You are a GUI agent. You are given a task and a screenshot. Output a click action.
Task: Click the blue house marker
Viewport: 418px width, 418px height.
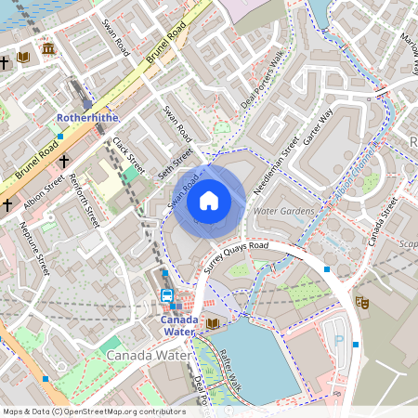[x=209, y=199]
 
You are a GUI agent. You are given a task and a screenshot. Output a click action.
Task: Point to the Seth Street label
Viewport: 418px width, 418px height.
[x=174, y=162]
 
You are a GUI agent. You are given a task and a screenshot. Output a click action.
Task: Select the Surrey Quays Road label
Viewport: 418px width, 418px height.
[x=236, y=259]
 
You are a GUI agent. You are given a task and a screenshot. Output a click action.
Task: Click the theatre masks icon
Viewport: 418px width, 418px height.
[x=362, y=303]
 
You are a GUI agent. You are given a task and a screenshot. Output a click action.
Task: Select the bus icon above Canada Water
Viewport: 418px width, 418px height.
[x=167, y=295]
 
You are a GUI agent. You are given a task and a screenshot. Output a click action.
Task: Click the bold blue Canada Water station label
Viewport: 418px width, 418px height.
[x=177, y=325]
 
